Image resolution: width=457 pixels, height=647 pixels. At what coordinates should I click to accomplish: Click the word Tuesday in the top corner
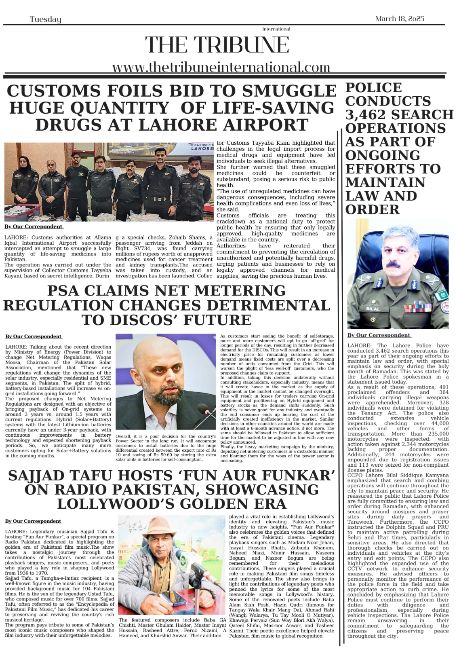[45, 19]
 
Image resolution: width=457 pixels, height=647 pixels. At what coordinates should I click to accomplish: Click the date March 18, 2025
[400, 19]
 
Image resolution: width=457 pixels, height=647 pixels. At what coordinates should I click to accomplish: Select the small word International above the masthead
[276, 29]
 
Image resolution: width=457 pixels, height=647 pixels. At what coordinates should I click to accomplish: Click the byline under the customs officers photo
[34, 227]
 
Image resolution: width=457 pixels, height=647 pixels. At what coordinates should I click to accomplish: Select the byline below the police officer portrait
[379, 335]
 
